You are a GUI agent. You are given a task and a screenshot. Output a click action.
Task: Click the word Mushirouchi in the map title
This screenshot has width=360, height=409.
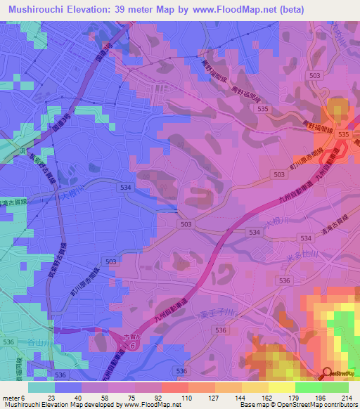pyautogui.click(x=34, y=9)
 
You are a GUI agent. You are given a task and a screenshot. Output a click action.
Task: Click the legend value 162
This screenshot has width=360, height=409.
pyautogui.click(x=263, y=397)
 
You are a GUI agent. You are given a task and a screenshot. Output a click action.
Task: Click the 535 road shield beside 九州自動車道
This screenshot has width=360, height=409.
pyautogui.click(x=343, y=134)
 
